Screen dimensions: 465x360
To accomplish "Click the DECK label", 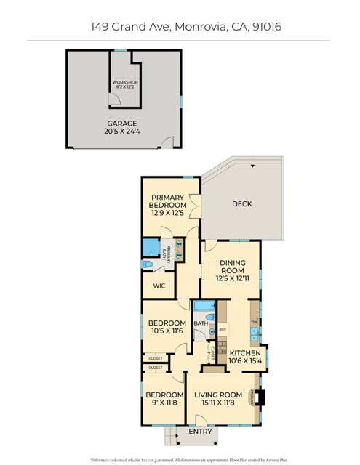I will tap(241, 204).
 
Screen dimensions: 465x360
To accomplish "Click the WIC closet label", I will tap(159, 286).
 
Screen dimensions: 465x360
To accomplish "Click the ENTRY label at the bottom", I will tap(200, 431).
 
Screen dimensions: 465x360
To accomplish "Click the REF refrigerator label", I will tap(223, 329).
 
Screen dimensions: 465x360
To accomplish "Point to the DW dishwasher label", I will tap(255, 322).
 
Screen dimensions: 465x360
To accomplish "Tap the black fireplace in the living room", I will tap(263, 398).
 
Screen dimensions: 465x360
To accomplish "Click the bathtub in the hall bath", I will tap(201, 308).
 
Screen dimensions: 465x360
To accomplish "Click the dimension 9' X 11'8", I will tap(164, 405).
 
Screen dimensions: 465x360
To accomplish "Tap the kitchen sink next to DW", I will tap(254, 336).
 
